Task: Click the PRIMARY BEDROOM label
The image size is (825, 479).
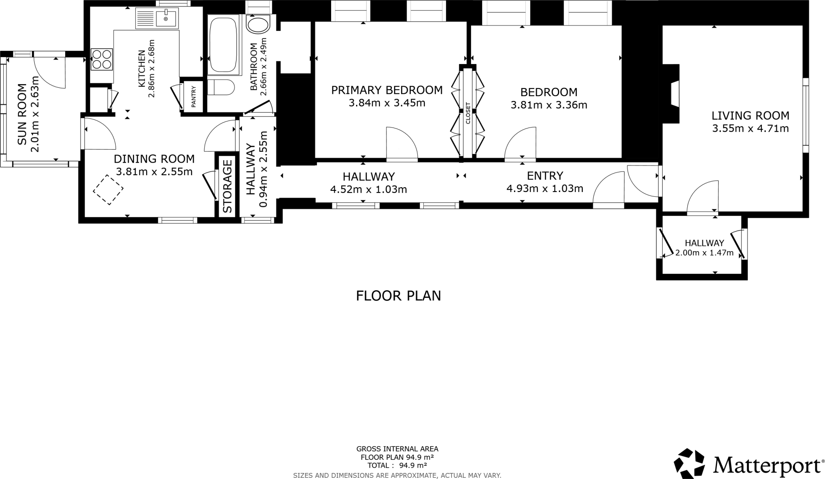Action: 387,90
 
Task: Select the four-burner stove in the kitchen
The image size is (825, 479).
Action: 102,59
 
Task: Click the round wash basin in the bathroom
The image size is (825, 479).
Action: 258,25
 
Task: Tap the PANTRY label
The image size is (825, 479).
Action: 193,97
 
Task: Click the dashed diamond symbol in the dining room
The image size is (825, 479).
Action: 108,190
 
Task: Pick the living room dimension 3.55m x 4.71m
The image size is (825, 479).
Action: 750,129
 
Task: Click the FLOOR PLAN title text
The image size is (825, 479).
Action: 398,296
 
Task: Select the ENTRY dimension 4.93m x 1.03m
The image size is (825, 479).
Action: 545,188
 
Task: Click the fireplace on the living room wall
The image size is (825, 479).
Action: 674,93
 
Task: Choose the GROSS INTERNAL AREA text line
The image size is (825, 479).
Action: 397,449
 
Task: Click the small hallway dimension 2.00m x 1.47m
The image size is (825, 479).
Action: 704,253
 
